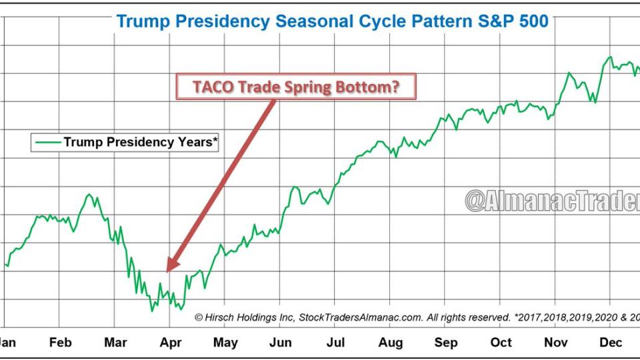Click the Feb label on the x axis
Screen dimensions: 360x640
tap(60, 343)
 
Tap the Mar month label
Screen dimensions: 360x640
tap(115, 343)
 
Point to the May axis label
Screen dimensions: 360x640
tap(225, 343)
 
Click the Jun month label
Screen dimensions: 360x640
tap(281, 343)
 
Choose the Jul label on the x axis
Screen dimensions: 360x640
tap(335, 343)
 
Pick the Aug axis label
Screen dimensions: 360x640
tap(390, 343)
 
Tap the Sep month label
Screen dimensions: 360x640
tap(445, 343)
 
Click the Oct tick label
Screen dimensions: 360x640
tap(501, 343)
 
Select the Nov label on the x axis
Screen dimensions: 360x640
tap(555, 343)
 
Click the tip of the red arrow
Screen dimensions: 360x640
tap(167, 270)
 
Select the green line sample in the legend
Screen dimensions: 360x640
tap(47, 142)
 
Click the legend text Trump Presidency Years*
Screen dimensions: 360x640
tap(141, 142)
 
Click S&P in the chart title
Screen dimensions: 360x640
tap(479, 21)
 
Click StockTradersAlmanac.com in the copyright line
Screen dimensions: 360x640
tap(360, 318)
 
